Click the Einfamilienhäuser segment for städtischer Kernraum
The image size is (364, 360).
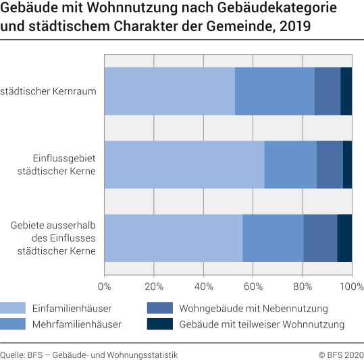(x=170, y=91)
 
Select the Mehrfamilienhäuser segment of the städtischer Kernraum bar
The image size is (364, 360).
(x=275, y=91)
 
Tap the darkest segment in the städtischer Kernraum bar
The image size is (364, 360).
(x=346, y=91)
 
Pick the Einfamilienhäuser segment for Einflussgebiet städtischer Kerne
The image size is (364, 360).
(x=184, y=165)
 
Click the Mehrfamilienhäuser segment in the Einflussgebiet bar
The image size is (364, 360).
(x=290, y=165)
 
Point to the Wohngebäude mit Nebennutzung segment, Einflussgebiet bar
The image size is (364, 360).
(x=330, y=165)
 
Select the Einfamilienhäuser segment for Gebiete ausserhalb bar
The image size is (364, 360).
(x=174, y=238)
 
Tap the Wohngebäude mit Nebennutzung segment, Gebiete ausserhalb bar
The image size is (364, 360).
(x=320, y=238)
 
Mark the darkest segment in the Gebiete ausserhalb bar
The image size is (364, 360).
(x=344, y=238)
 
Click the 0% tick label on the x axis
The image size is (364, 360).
(x=105, y=286)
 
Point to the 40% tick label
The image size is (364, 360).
(x=203, y=286)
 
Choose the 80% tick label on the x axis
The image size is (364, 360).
(x=302, y=286)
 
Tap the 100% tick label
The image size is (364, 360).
(x=350, y=286)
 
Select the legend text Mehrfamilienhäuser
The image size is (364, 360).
(x=77, y=324)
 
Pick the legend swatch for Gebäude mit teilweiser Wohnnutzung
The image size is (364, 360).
(x=159, y=324)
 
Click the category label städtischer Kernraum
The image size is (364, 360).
(x=49, y=91)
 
